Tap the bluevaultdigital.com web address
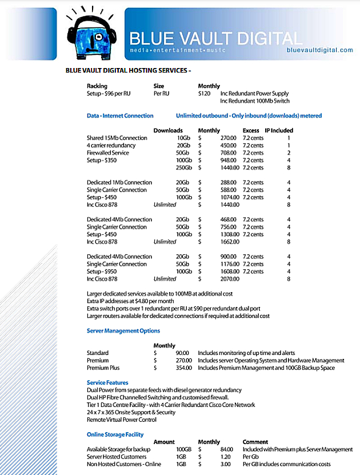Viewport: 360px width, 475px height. [x=320, y=50]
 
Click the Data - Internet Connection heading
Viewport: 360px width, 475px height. [x=120, y=115]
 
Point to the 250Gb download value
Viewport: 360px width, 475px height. [x=182, y=167]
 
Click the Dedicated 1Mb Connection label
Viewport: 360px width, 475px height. [x=119, y=182]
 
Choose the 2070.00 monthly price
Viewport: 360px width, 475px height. [x=227, y=279]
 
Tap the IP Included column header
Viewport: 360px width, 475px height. [x=278, y=130]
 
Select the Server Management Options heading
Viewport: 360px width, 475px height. [x=123, y=330]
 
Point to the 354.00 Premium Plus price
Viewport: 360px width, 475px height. [x=182, y=368]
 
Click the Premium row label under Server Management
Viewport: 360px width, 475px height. [x=98, y=360]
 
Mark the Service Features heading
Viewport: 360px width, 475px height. [x=107, y=382]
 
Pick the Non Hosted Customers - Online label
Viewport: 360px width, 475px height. [x=125, y=464]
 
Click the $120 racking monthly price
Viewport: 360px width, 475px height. [x=205, y=93]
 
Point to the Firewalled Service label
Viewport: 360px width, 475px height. [x=108, y=153]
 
